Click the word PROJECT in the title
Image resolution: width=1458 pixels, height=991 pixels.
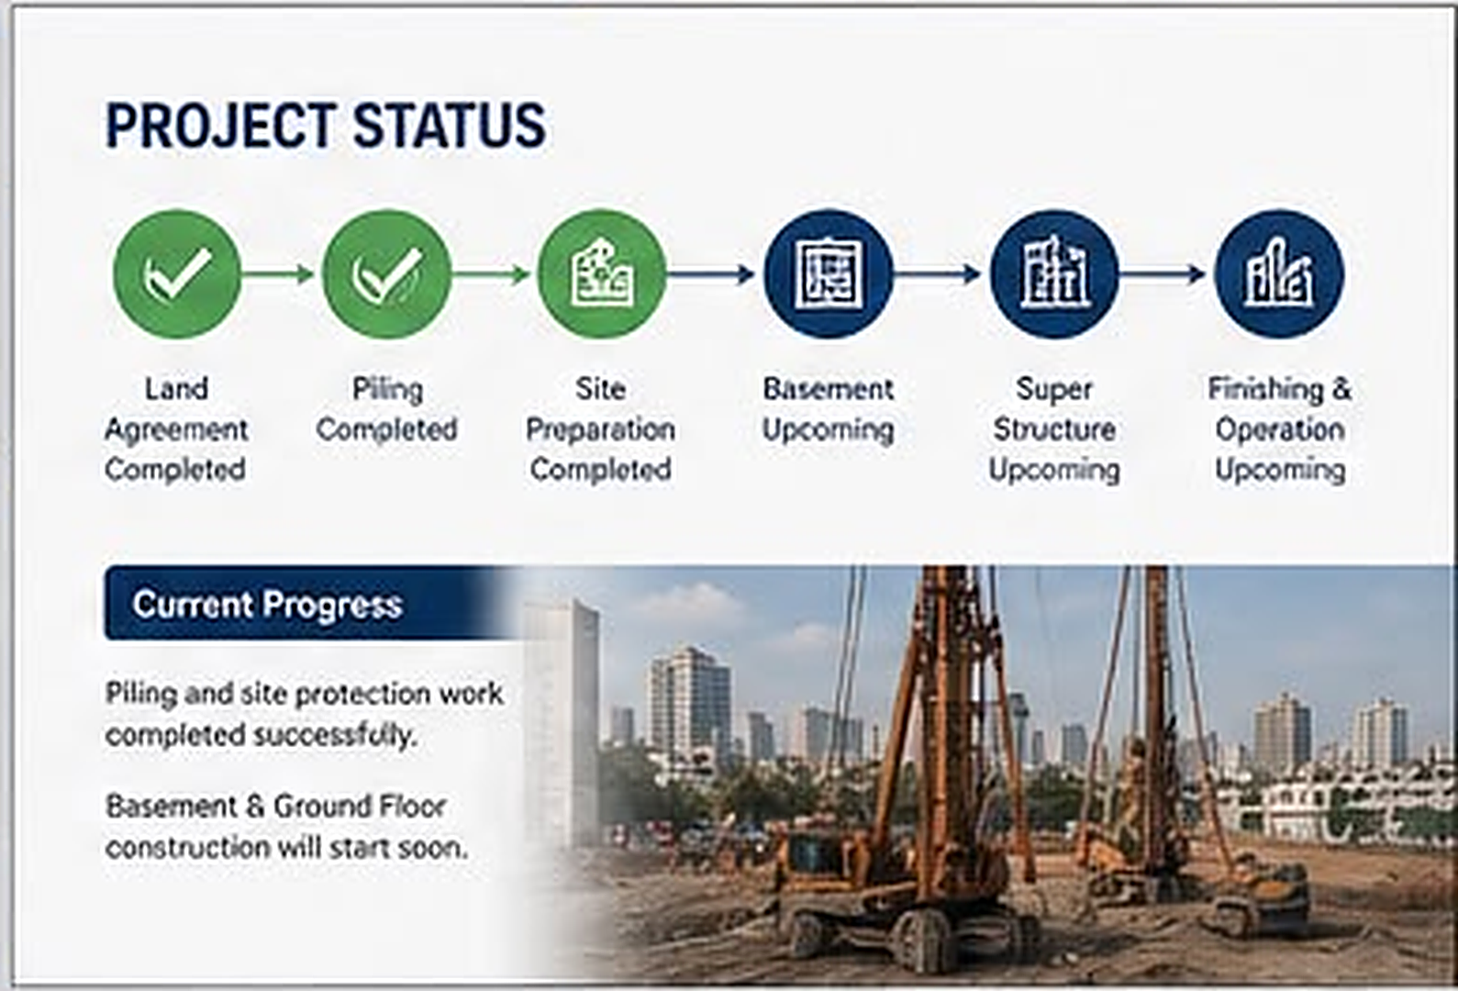point(221,125)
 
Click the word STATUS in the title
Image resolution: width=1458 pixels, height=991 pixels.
point(449,125)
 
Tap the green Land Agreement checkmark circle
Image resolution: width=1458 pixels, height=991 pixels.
point(177,274)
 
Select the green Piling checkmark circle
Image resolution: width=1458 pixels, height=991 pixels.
point(387,274)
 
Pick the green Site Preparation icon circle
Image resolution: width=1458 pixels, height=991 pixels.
point(602,274)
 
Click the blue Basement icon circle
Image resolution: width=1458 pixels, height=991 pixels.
point(829,274)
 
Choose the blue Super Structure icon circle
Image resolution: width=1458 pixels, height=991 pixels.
point(1054,274)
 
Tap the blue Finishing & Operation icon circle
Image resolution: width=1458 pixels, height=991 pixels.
point(1280,274)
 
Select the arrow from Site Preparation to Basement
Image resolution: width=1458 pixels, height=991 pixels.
point(711,274)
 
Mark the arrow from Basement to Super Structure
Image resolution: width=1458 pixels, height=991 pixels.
point(938,274)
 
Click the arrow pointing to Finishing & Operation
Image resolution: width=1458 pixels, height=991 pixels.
point(1163,274)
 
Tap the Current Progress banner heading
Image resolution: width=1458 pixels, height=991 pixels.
point(268,605)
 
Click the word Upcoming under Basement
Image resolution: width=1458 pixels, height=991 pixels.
point(828,430)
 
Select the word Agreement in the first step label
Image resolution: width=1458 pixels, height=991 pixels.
point(176,430)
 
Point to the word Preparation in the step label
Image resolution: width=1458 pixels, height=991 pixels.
point(600,430)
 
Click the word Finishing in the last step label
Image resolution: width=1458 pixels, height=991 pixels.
point(1266,390)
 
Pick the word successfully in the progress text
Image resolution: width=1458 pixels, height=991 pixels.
point(335,736)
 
